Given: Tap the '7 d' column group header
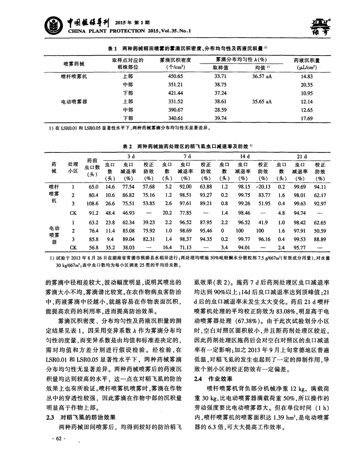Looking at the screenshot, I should [187, 156].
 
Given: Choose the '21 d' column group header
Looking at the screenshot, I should [301, 156].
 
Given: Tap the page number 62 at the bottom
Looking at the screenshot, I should [57, 451].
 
